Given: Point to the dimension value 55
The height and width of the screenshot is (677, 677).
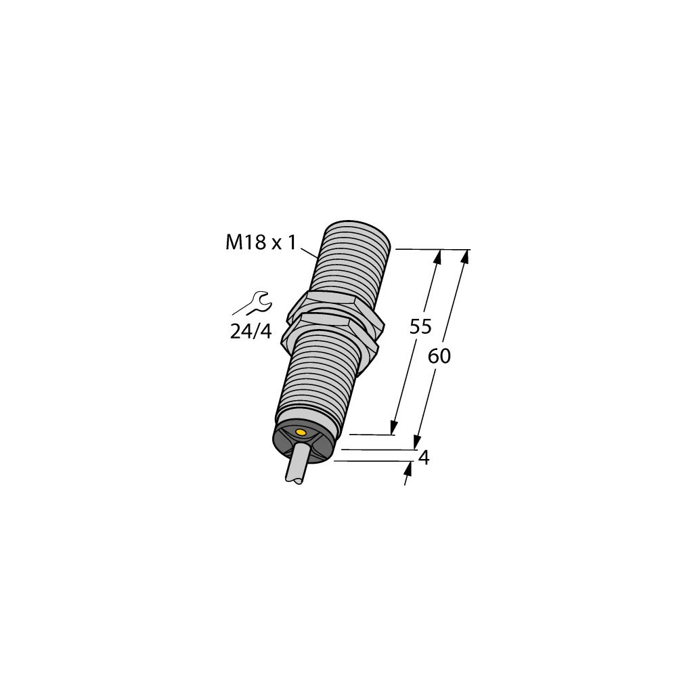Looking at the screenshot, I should point(420,326).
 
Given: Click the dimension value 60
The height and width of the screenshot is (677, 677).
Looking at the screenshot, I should point(439,356).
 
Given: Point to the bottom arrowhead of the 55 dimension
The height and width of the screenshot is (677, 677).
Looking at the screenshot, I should point(393,429).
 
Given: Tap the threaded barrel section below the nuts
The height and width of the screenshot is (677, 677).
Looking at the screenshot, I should point(318,379).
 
